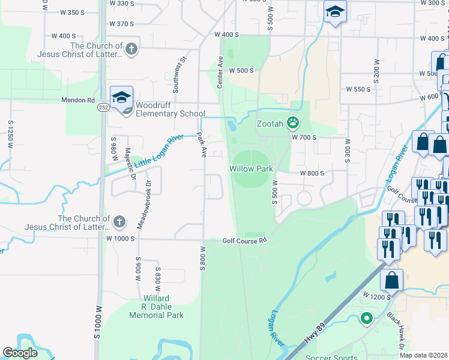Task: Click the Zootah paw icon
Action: click(x=293, y=123)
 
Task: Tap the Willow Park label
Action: click(x=252, y=169)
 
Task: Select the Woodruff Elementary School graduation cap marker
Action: click(x=121, y=97)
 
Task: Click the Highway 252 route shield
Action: click(x=104, y=107)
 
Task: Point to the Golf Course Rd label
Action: click(x=244, y=241)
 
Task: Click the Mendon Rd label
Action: click(x=78, y=100)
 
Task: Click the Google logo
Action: click(x=20, y=353)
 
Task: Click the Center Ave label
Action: click(x=220, y=73)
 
